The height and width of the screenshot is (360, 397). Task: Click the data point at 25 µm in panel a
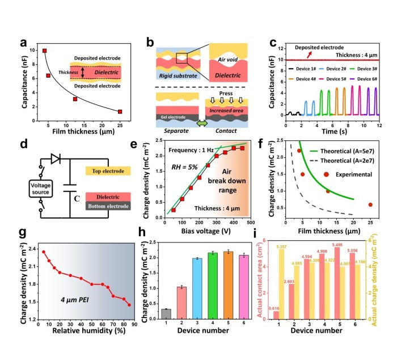point(120,111)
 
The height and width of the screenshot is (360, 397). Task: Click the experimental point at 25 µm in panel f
point(370,204)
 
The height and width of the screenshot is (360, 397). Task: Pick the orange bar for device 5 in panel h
point(227,284)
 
